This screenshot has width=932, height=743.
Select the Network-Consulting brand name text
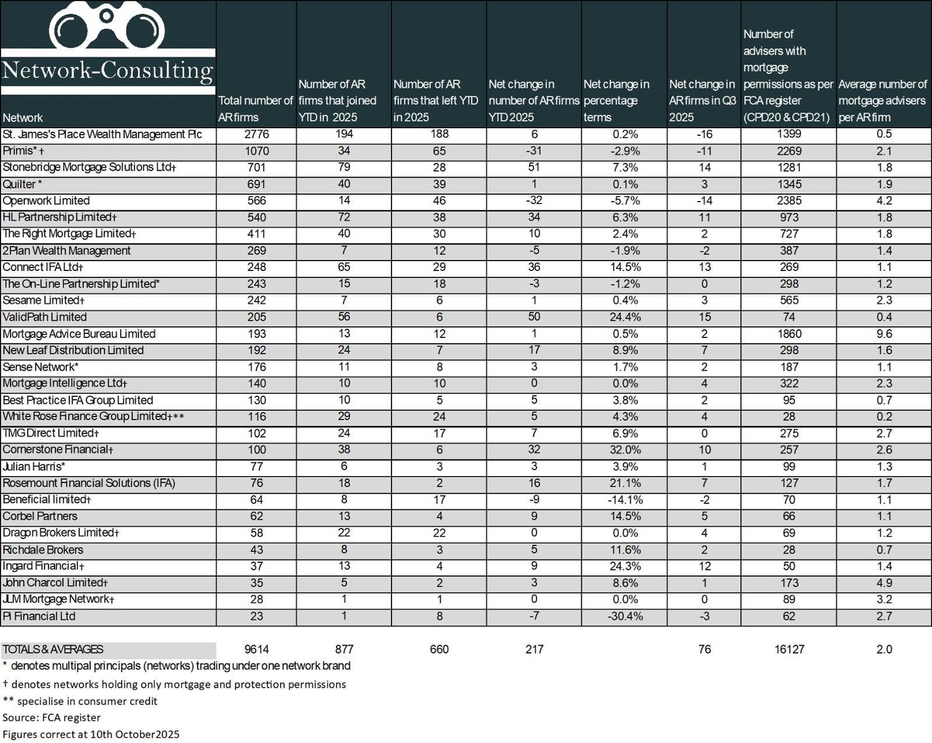[x=108, y=71]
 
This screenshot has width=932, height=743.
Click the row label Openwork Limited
[x=46, y=201]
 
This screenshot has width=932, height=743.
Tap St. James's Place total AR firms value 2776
[x=256, y=135]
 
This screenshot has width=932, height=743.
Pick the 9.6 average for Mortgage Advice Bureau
[x=884, y=334]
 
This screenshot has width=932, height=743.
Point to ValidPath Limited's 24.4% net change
[x=625, y=318]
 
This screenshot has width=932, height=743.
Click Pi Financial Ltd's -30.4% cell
[x=625, y=617]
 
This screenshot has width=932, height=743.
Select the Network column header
[x=23, y=118]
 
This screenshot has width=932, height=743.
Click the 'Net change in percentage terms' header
[x=616, y=101]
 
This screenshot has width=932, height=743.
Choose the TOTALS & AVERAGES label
[x=53, y=650]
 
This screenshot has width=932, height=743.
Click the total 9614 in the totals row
[x=256, y=650]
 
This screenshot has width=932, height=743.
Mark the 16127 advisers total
[x=789, y=650]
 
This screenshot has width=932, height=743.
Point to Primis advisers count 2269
[x=789, y=151]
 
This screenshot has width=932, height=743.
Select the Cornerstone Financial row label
[x=58, y=450]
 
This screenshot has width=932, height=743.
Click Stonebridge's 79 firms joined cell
[x=344, y=168]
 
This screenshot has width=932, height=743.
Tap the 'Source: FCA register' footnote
[x=51, y=717]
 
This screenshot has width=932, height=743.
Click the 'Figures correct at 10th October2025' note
[x=91, y=734]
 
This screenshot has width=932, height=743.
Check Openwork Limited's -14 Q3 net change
[x=704, y=201]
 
